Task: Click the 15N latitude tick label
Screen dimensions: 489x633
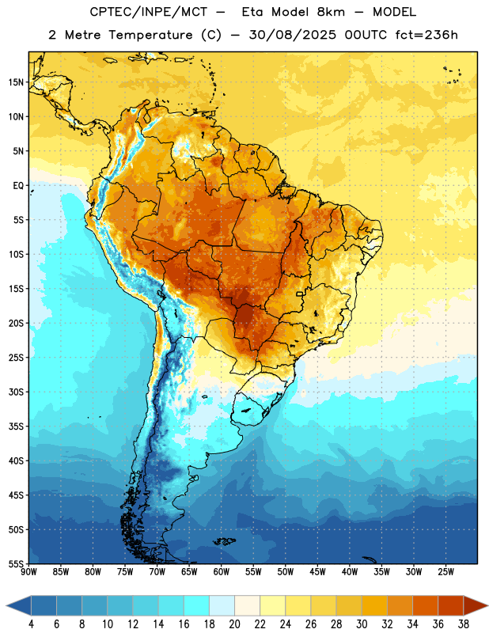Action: (16, 82)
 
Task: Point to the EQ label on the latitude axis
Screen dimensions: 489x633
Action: (18, 186)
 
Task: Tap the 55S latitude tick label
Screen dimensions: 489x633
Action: (16, 563)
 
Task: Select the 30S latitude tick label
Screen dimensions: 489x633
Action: (16, 392)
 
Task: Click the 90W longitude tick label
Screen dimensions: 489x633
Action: (29, 572)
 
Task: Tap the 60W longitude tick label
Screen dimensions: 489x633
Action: (222, 572)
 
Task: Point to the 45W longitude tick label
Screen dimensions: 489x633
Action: (318, 572)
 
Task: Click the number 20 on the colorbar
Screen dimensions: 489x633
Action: (234, 624)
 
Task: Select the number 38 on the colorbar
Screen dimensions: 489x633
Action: (464, 624)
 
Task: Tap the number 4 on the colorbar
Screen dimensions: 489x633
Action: (31, 624)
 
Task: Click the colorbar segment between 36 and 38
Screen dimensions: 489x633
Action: (451, 605)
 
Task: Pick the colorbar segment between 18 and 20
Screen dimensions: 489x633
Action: (222, 605)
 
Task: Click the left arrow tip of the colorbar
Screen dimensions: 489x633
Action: (6, 605)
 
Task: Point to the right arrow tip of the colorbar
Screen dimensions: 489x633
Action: (487, 605)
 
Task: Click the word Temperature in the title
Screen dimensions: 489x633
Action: (150, 35)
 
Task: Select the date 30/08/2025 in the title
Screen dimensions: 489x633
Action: (292, 35)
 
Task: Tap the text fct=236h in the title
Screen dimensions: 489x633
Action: (426, 35)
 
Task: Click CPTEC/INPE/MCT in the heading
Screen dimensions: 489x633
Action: (149, 12)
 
